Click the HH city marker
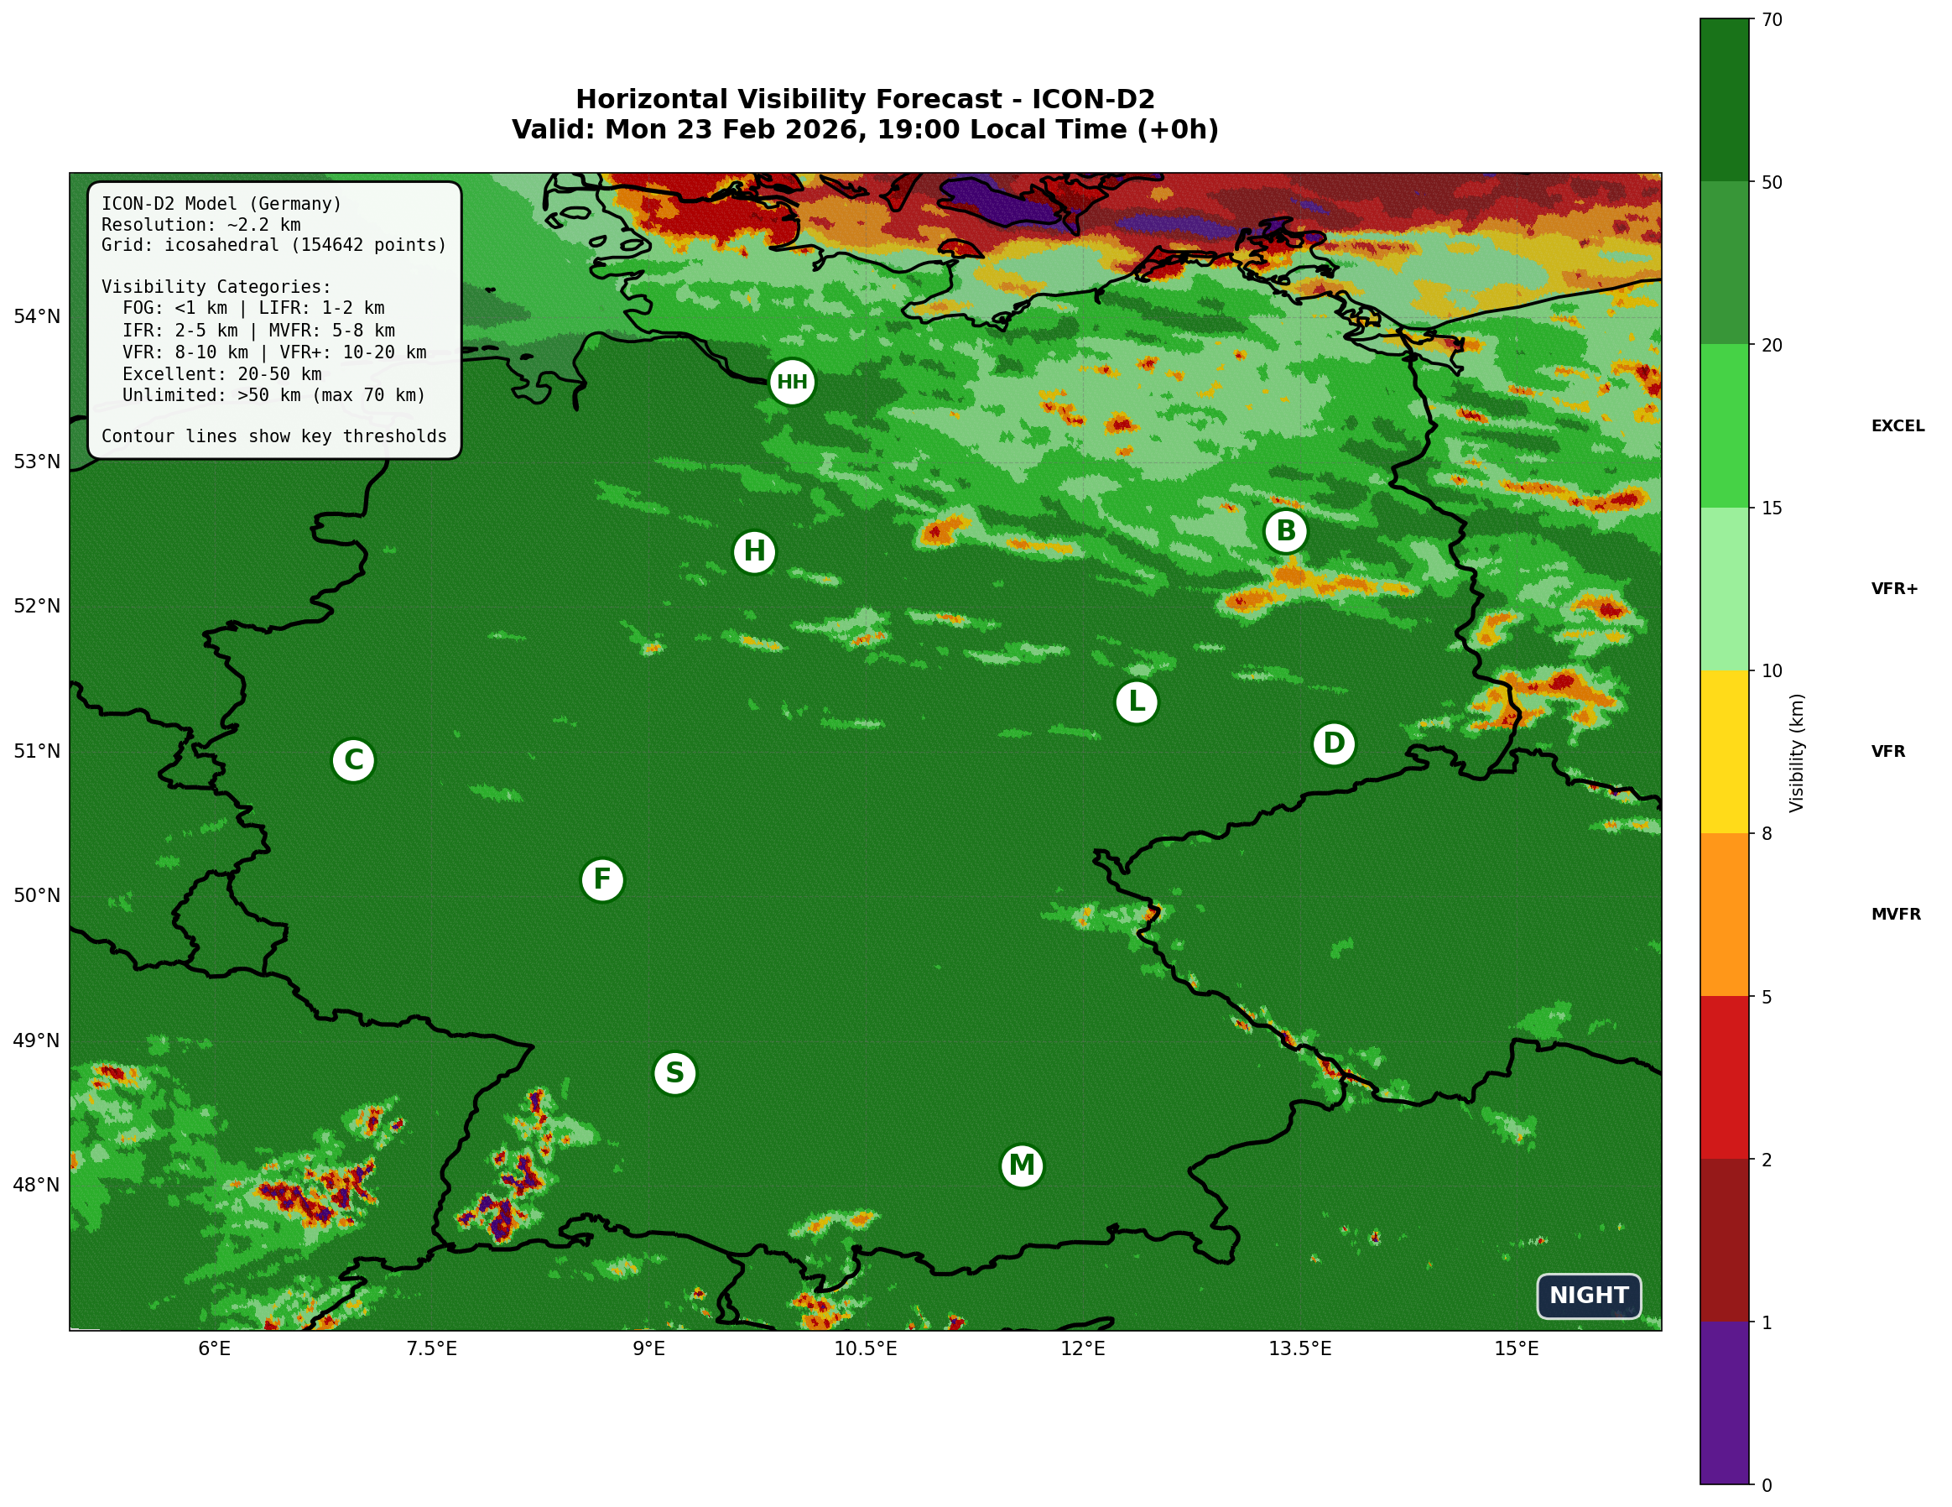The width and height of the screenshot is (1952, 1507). pos(792,383)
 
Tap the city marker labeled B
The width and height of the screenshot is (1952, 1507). pos(1285,531)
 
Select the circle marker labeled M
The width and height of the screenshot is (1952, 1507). pos(1022,1165)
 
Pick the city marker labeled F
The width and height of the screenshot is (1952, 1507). pos(602,879)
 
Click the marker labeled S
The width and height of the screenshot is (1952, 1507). pos(674,1072)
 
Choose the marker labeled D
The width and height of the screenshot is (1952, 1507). pos(1334,743)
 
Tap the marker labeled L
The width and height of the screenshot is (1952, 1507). pos(1137,701)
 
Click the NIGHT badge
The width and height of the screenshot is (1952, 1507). pos(1588,1296)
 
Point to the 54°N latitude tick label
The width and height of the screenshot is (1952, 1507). pos(37,316)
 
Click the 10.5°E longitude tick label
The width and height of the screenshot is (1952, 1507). pos(865,1348)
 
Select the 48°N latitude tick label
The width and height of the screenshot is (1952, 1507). pos(37,1186)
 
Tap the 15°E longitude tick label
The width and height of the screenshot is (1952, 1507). pos(1517,1348)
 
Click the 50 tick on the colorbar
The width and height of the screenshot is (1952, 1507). pos(1772,182)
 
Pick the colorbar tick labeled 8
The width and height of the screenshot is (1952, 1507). pos(1766,834)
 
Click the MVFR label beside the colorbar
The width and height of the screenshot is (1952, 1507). pos(1896,915)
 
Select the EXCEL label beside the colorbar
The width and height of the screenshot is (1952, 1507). pos(1897,426)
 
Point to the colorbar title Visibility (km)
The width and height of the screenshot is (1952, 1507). pos(1797,753)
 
